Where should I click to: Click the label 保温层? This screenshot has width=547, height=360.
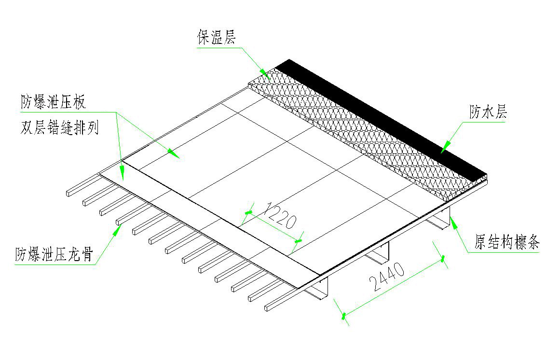coord(217,37)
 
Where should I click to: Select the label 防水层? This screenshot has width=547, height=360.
coord(488,112)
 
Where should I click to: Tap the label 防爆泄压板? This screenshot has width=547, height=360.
coord(53,102)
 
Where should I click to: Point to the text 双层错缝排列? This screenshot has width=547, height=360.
coord(60,128)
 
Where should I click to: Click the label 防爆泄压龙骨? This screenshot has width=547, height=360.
coord(54,254)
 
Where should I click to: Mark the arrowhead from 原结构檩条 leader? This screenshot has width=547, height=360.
coord(453,222)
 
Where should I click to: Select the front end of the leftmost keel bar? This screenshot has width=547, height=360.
coord(68,193)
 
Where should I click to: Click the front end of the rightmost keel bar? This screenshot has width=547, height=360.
coord(267,308)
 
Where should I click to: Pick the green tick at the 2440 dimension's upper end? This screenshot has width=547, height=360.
coord(443,259)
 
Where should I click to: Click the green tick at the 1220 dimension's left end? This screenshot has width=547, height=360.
coord(248,212)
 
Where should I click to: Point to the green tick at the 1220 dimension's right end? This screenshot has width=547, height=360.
coord(298,241)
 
